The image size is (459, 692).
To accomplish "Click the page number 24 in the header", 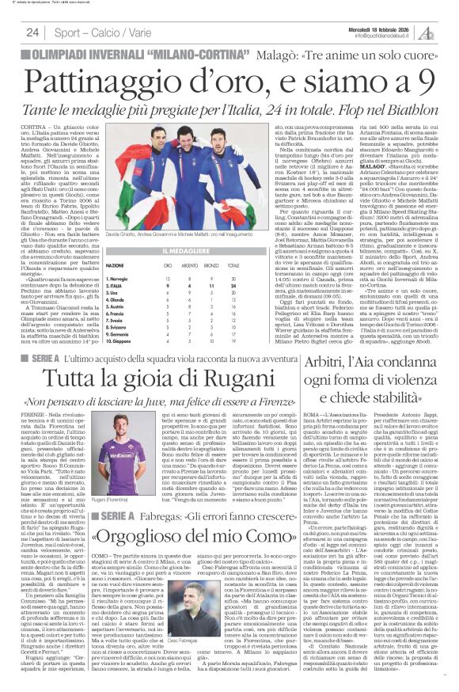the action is coord(32,32).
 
